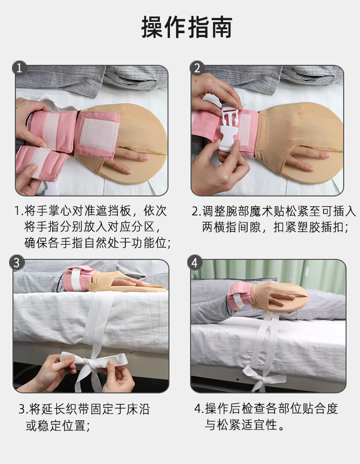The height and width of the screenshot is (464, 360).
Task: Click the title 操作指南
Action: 187,27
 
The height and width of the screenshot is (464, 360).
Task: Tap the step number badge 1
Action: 19,68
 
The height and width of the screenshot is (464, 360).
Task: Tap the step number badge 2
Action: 197,68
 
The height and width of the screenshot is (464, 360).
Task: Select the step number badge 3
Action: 17,262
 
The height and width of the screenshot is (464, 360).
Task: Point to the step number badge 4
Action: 195,262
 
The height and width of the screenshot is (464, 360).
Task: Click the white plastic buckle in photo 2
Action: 228,128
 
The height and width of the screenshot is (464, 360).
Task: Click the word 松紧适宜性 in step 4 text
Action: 247,425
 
